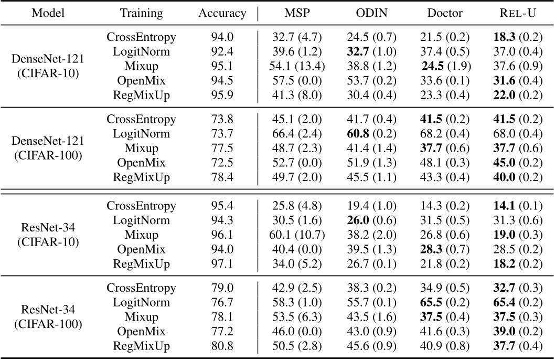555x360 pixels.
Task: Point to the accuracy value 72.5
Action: tap(222, 162)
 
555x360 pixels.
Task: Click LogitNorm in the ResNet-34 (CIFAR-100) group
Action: tap(141, 302)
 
